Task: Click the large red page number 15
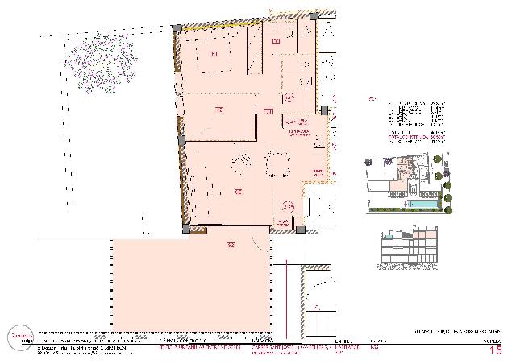(496, 350)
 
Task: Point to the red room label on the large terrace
(230, 243)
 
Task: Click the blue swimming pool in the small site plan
(418, 206)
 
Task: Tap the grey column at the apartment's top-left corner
(177, 28)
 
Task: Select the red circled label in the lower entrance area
(287, 208)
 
